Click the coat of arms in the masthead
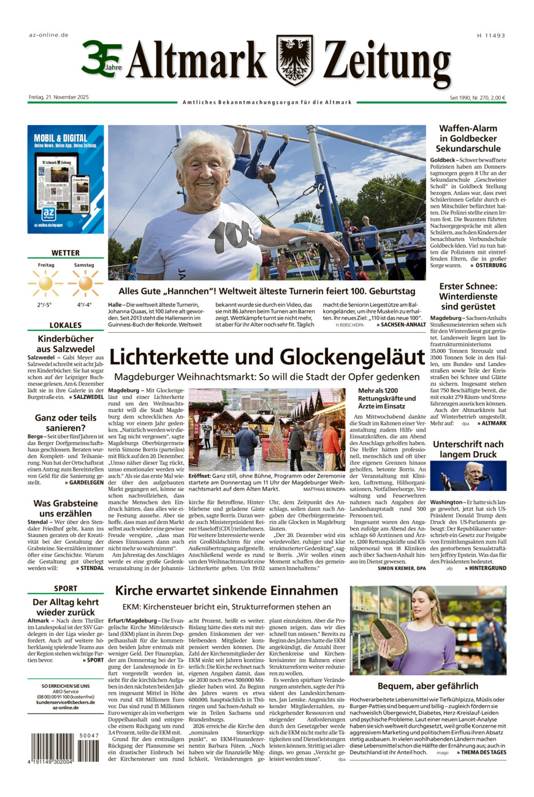point(294,59)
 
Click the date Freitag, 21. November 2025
point(59,97)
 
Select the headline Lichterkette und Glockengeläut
point(267,356)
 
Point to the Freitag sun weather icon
point(45,283)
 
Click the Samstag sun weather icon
point(85,283)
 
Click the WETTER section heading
point(66,252)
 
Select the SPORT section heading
point(66,588)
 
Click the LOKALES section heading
point(66,325)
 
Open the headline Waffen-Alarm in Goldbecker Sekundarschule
point(468,138)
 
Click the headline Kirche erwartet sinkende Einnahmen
point(227,590)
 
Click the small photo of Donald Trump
point(468,476)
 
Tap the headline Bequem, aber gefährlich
point(428,685)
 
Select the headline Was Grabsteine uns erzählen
point(66,508)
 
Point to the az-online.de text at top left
point(48,35)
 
